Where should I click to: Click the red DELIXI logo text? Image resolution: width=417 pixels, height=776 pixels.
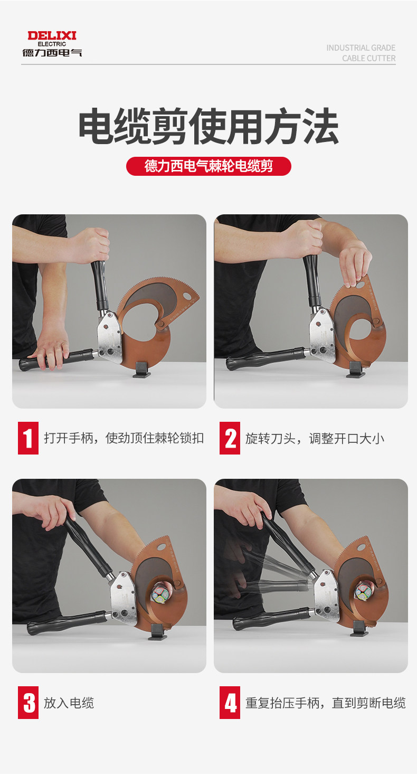click(52, 36)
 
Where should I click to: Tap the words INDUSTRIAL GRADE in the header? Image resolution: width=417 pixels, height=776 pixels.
click(361, 48)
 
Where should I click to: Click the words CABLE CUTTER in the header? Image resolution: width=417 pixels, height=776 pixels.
click(368, 58)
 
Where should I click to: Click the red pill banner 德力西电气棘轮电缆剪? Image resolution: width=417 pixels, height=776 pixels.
click(209, 166)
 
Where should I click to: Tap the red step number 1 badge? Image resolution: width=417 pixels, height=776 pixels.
click(28, 438)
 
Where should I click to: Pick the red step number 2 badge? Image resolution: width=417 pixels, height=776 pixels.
click(230, 438)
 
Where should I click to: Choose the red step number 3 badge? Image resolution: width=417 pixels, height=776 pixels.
click(28, 703)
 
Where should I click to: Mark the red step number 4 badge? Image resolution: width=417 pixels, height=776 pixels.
click(230, 703)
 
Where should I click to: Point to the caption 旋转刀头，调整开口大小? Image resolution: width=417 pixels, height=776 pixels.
click(315, 439)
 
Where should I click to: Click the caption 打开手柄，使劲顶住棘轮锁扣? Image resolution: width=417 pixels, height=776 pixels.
click(124, 438)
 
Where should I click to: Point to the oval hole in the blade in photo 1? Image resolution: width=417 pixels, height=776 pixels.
click(188, 296)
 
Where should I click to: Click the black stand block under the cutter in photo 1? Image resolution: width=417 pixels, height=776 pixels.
click(143, 370)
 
